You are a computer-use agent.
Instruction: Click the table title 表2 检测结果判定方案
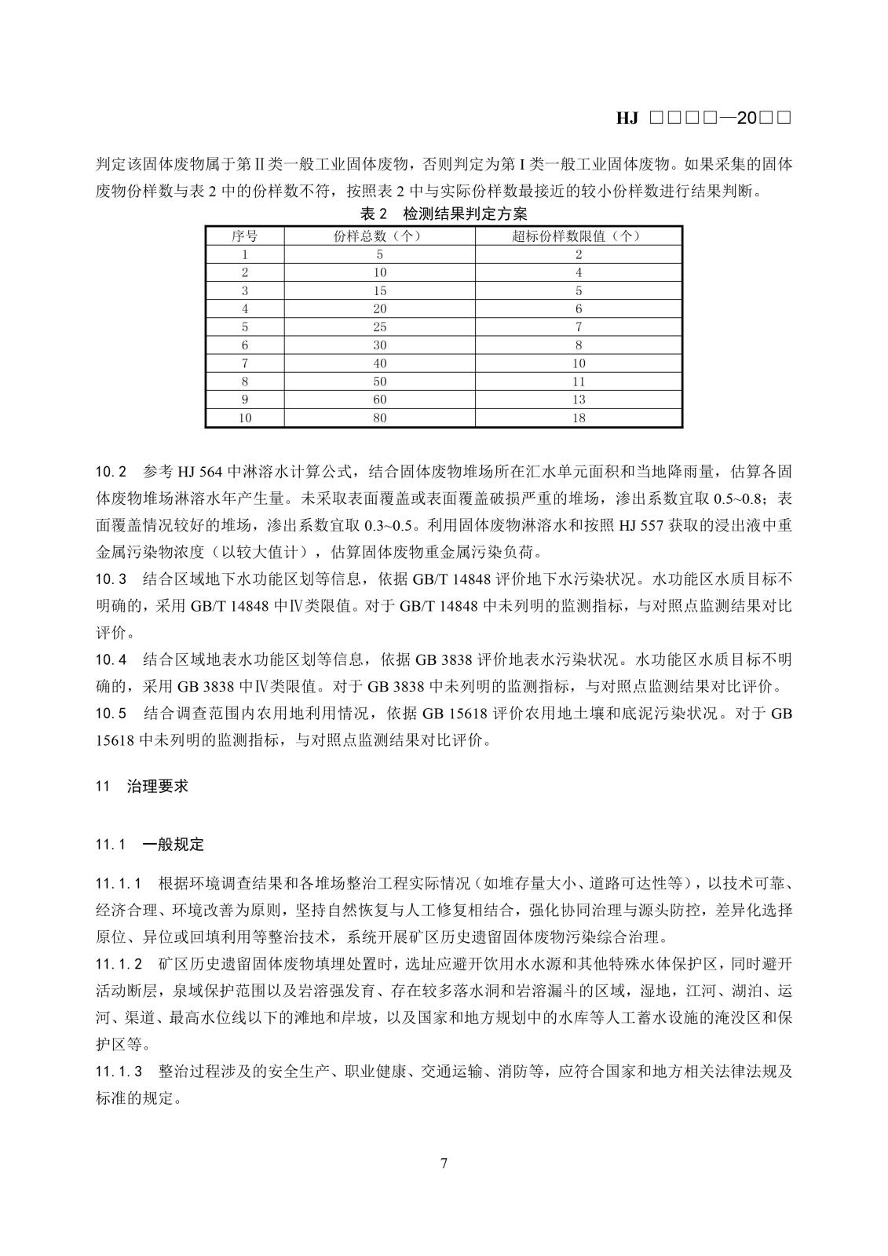point(444,214)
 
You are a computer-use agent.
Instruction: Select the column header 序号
point(244,235)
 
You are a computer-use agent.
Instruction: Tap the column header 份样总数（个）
point(379,235)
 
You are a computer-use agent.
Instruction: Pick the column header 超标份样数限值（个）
point(578,235)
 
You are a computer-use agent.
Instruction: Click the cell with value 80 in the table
point(379,418)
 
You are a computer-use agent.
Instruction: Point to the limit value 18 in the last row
point(578,418)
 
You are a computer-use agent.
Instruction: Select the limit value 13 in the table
point(578,400)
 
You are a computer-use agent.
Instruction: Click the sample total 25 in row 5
point(379,327)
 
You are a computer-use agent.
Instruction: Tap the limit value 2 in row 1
point(578,254)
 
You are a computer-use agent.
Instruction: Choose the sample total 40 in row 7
point(379,363)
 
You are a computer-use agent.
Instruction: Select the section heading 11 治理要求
point(142,786)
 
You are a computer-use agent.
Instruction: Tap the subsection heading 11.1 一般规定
point(150,845)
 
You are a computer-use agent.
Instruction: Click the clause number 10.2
point(111,472)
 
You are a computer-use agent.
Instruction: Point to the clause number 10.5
point(111,714)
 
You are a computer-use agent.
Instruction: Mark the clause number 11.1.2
point(119,963)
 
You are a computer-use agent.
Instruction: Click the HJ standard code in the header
point(703,119)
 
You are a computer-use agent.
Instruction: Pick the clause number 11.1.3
point(119,1071)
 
